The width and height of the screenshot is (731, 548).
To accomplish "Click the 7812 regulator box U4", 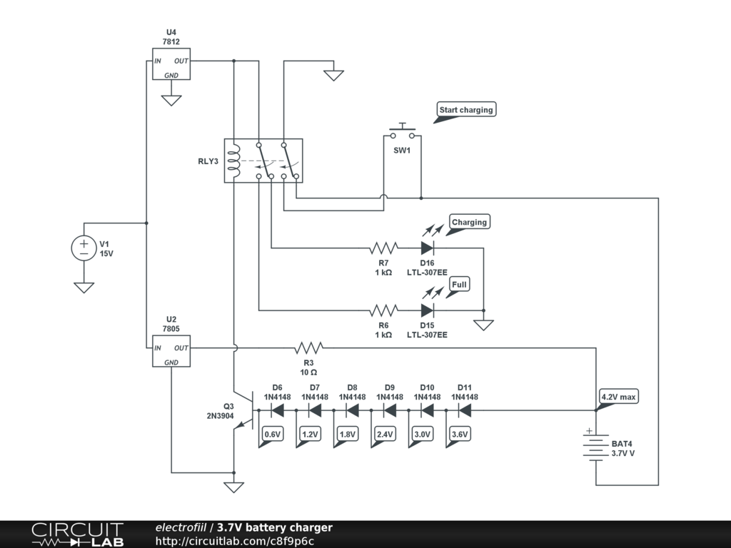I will (171, 65).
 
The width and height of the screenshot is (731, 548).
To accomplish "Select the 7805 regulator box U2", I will (171, 352).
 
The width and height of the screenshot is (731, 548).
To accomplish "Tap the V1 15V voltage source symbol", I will (84, 248).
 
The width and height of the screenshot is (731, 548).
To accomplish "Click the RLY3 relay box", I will (263, 161).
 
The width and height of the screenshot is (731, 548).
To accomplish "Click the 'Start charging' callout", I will (465, 110).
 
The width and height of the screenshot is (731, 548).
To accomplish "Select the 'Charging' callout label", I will (469, 222).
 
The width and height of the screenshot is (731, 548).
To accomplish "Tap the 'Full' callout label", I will (459, 285).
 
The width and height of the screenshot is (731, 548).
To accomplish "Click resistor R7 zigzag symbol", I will (383, 248).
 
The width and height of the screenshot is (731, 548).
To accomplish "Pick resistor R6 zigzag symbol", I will (383, 310).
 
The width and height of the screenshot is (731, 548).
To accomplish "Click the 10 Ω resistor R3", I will (308, 348).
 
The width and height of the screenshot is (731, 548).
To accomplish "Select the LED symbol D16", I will (427, 248).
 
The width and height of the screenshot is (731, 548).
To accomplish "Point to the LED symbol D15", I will (427, 310).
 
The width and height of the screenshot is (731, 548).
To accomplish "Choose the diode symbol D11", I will (465, 410).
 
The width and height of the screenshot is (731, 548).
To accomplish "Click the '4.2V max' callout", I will (618, 397).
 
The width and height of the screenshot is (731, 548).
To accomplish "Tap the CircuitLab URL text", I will (235, 541).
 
